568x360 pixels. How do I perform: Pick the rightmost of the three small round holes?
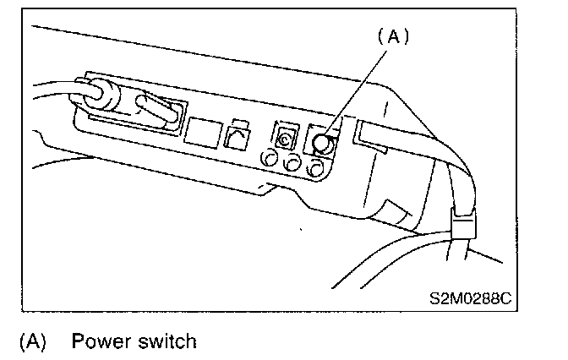coord(316,169)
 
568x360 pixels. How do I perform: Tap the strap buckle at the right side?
coord(461,227)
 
